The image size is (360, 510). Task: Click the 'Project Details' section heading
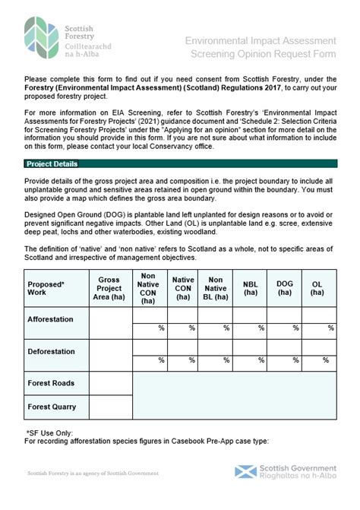[x=52, y=163]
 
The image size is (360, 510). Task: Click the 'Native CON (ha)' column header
[x=183, y=288]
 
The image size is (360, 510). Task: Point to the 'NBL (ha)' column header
[x=250, y=288]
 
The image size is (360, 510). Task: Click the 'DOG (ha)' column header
[x=285, y=288]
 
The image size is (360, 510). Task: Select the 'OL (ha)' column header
[x=317, y=288]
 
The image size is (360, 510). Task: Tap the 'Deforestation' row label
[x=52, y=352]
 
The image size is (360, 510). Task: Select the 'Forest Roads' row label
[x=51, y=382]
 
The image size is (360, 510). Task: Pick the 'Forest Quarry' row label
[x=52, y=407]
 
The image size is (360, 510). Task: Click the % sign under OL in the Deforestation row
[x=330, y=360]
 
